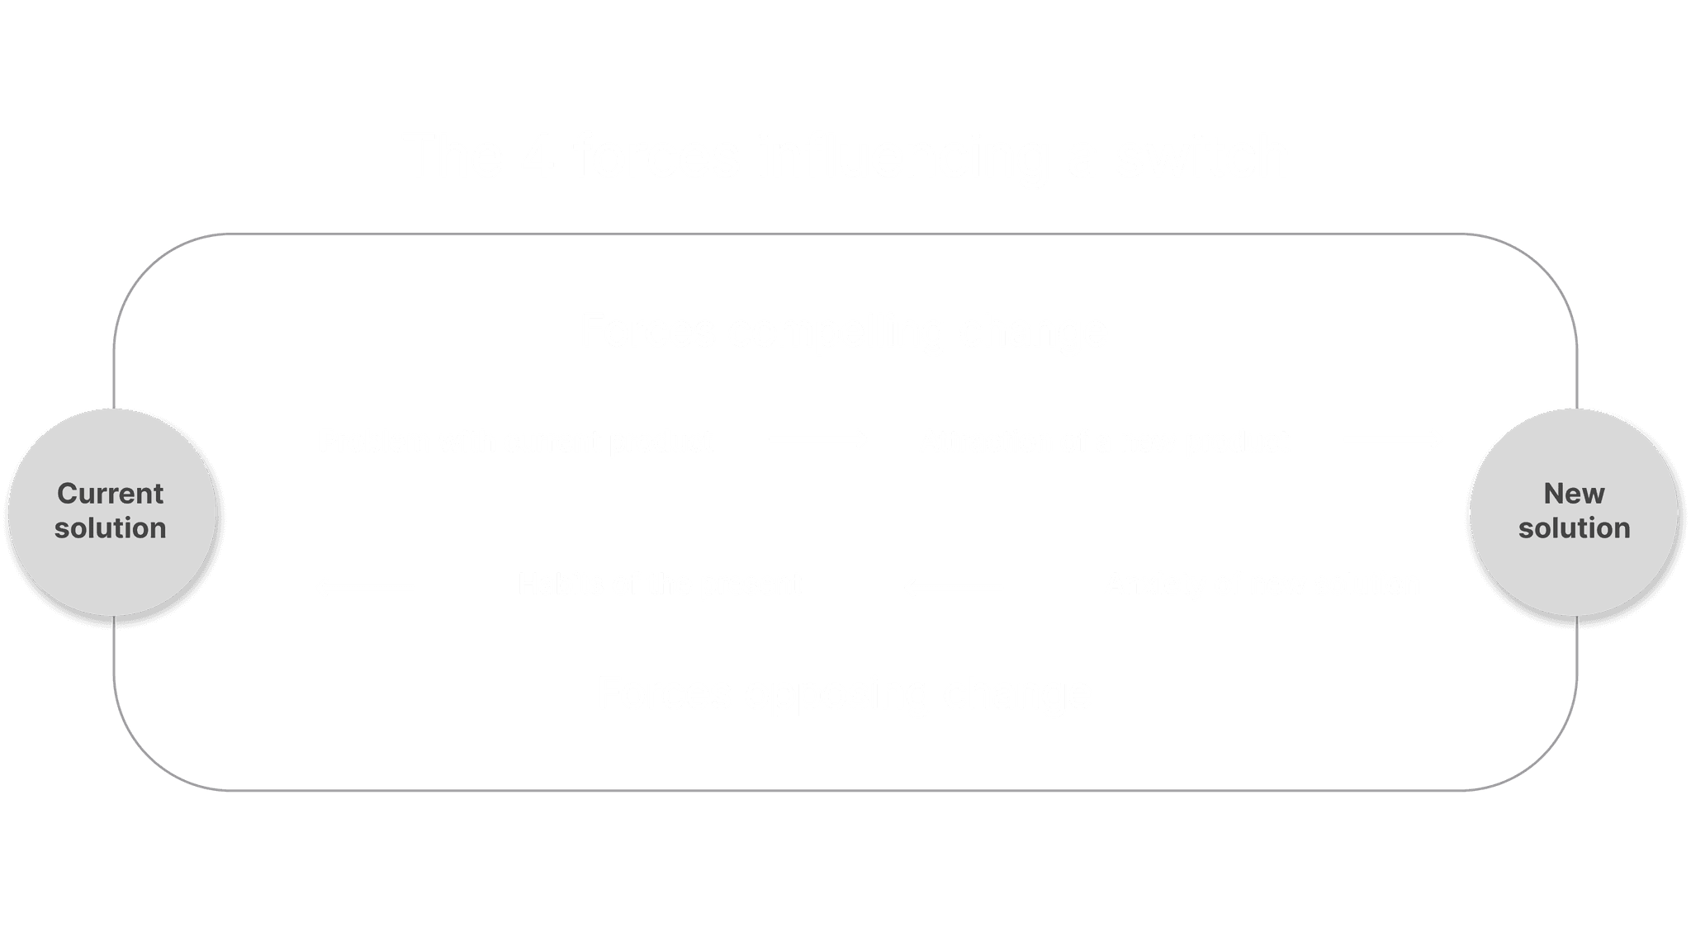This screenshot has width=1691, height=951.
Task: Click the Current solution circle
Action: pos(111,511)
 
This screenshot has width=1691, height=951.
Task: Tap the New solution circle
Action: pos(1574,511)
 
